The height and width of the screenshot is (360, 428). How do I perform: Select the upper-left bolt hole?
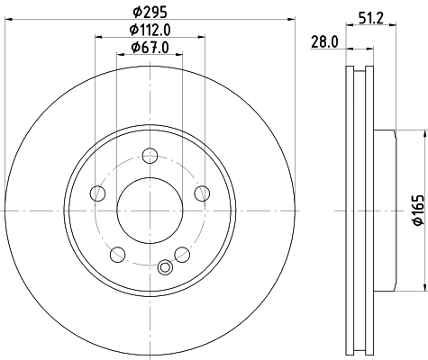(97, 193)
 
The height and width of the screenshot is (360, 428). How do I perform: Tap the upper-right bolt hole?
(202, 193)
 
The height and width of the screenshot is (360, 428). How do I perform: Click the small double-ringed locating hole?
(164, 267)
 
